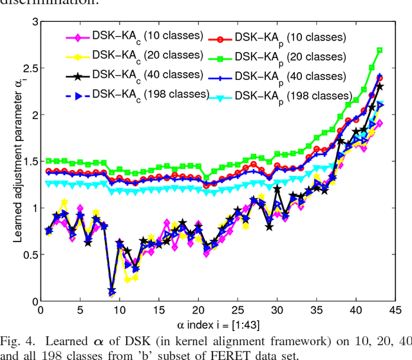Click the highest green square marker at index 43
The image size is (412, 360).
(379, 50)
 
